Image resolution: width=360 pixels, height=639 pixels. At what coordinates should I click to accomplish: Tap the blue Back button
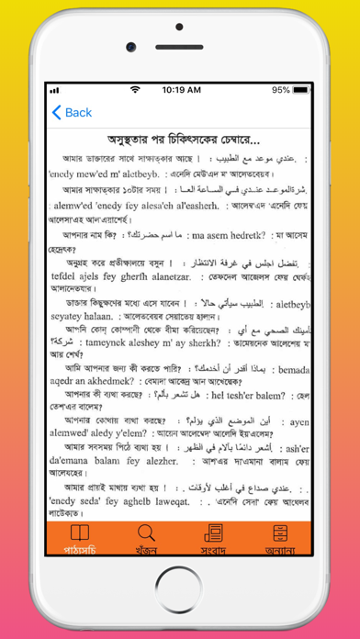(x=72, y=113)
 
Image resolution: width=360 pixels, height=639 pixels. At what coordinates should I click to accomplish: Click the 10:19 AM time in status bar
(x=180, y=90)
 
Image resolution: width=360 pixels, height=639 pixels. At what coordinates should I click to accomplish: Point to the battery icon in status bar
(x=305, y=90)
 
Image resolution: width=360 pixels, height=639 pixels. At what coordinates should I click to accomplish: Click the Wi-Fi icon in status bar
(x=136, y=90)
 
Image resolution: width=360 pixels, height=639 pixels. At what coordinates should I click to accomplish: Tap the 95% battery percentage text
(x=281, y=90)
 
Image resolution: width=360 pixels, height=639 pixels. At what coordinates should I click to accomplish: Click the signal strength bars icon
(x=55, y=90)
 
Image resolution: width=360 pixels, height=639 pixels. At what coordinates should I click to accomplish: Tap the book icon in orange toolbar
(x=81, y=533)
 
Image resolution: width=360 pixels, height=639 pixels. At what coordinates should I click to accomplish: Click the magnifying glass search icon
(x=146, y=533)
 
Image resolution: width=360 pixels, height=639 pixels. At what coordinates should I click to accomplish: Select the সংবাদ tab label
(x=212, y=550)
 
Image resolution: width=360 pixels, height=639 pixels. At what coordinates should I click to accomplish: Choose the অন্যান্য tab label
(x=278, y=550)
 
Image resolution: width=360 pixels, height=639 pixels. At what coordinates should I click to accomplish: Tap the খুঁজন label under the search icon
(x=146, y=550)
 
